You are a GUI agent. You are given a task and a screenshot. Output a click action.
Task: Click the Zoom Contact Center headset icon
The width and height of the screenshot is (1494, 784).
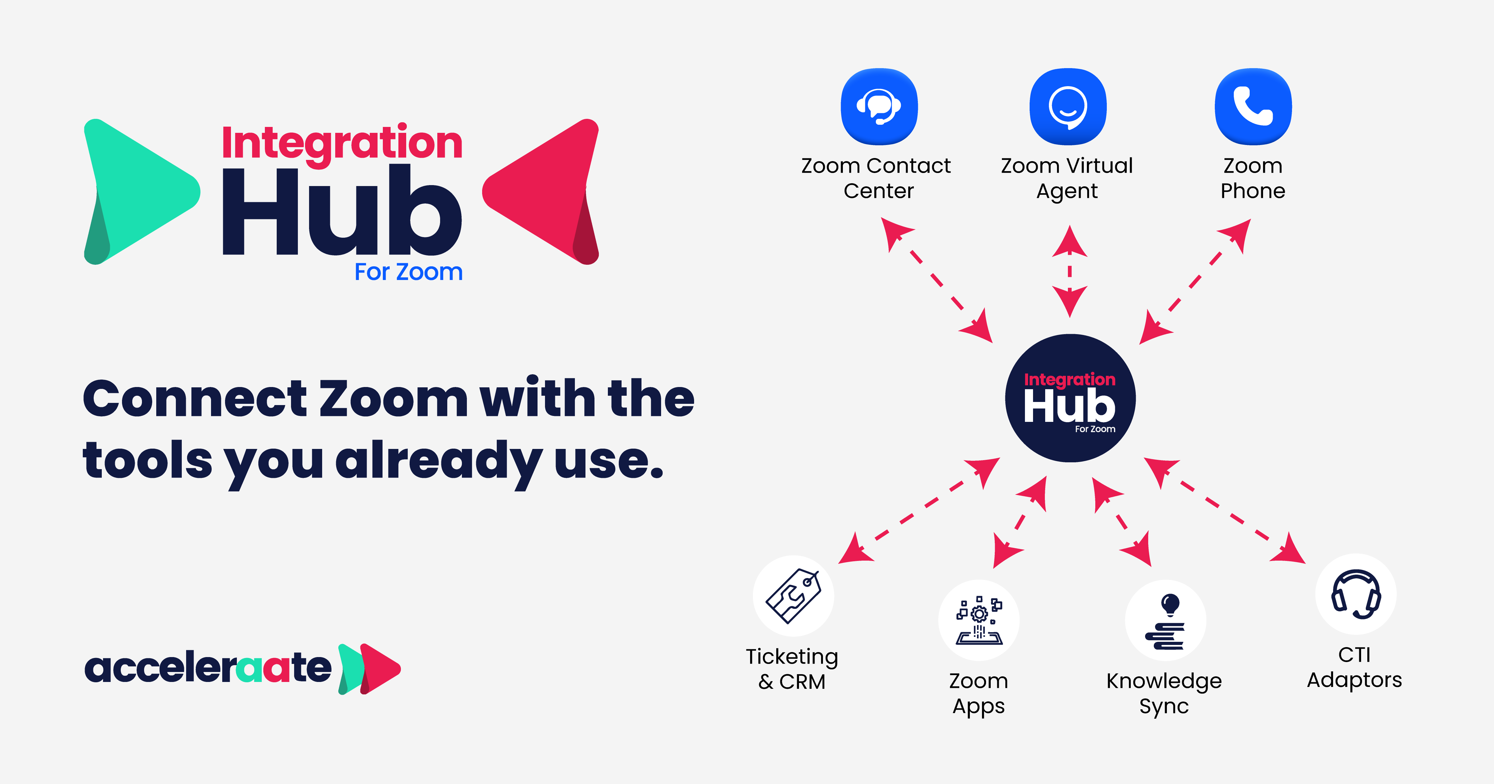[879, 106]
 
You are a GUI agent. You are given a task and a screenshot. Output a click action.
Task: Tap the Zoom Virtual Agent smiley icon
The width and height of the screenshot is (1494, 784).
[1068, 106]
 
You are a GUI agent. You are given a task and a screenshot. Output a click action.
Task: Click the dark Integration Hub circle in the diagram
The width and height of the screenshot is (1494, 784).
[1070, 399]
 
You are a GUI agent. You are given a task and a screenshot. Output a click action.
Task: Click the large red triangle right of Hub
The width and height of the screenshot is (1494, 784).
[542, 191]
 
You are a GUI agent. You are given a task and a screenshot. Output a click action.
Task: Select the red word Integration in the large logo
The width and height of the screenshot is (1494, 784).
[342, 143]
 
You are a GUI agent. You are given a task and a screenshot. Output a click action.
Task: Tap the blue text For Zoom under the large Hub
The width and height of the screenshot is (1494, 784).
[408, 272]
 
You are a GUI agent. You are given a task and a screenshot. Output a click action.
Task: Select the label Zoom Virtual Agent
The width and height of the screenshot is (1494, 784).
[1067, 178]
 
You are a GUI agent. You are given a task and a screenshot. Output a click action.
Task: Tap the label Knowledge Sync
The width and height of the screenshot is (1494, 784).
[1164, 693]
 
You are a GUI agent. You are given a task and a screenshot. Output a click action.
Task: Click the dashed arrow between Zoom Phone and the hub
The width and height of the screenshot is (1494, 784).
[1195, 281]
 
